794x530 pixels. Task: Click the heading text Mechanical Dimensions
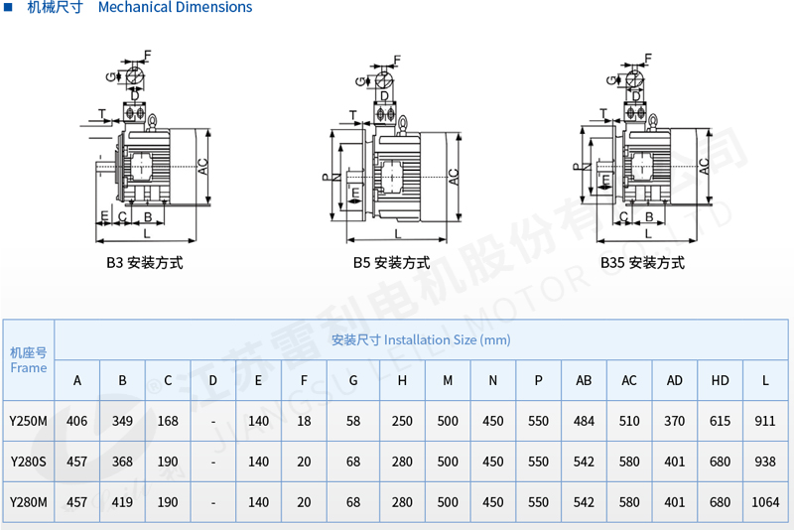coord(175,8)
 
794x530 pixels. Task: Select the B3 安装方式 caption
coord(145,263)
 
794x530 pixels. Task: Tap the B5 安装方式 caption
coord(391,263)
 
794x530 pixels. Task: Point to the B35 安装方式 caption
coord(642,263)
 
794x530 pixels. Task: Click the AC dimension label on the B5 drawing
coord(454,176)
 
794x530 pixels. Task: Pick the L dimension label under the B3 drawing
coord(147,233)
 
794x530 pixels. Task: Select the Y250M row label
coord(28,421)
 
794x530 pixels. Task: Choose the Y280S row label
coord(28,462)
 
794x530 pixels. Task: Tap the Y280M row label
coord(28,502)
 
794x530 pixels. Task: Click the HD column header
coord(720,380)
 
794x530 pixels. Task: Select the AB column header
coord(584,380)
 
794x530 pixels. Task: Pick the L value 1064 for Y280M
coord(765,502)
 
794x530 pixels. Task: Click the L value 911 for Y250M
coord(765,421)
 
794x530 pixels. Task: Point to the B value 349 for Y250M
coord(122,421)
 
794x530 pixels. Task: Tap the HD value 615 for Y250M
coord(720,421)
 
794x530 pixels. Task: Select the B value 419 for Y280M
coord(122,502)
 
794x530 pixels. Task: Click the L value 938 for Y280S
coord(765,462)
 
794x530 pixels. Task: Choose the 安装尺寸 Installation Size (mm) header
coord(421,339)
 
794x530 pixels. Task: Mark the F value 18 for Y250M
coord(304,421)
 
